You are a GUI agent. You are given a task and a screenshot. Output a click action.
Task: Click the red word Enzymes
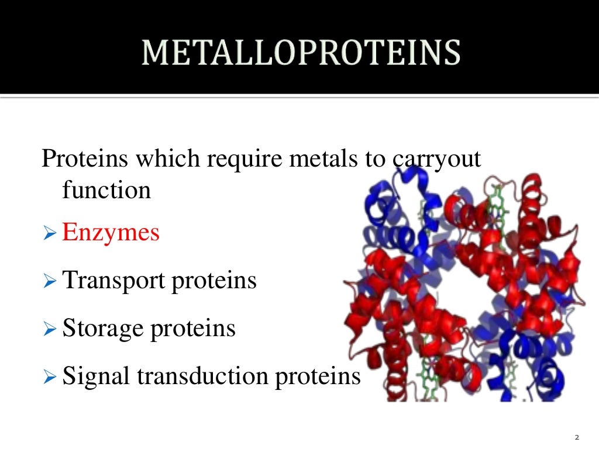click(111, 233)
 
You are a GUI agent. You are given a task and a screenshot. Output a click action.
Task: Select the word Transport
click(114, 281)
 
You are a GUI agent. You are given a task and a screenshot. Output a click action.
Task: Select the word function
click(106, 190)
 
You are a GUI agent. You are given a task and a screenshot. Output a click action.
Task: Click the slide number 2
click(577, 437)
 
